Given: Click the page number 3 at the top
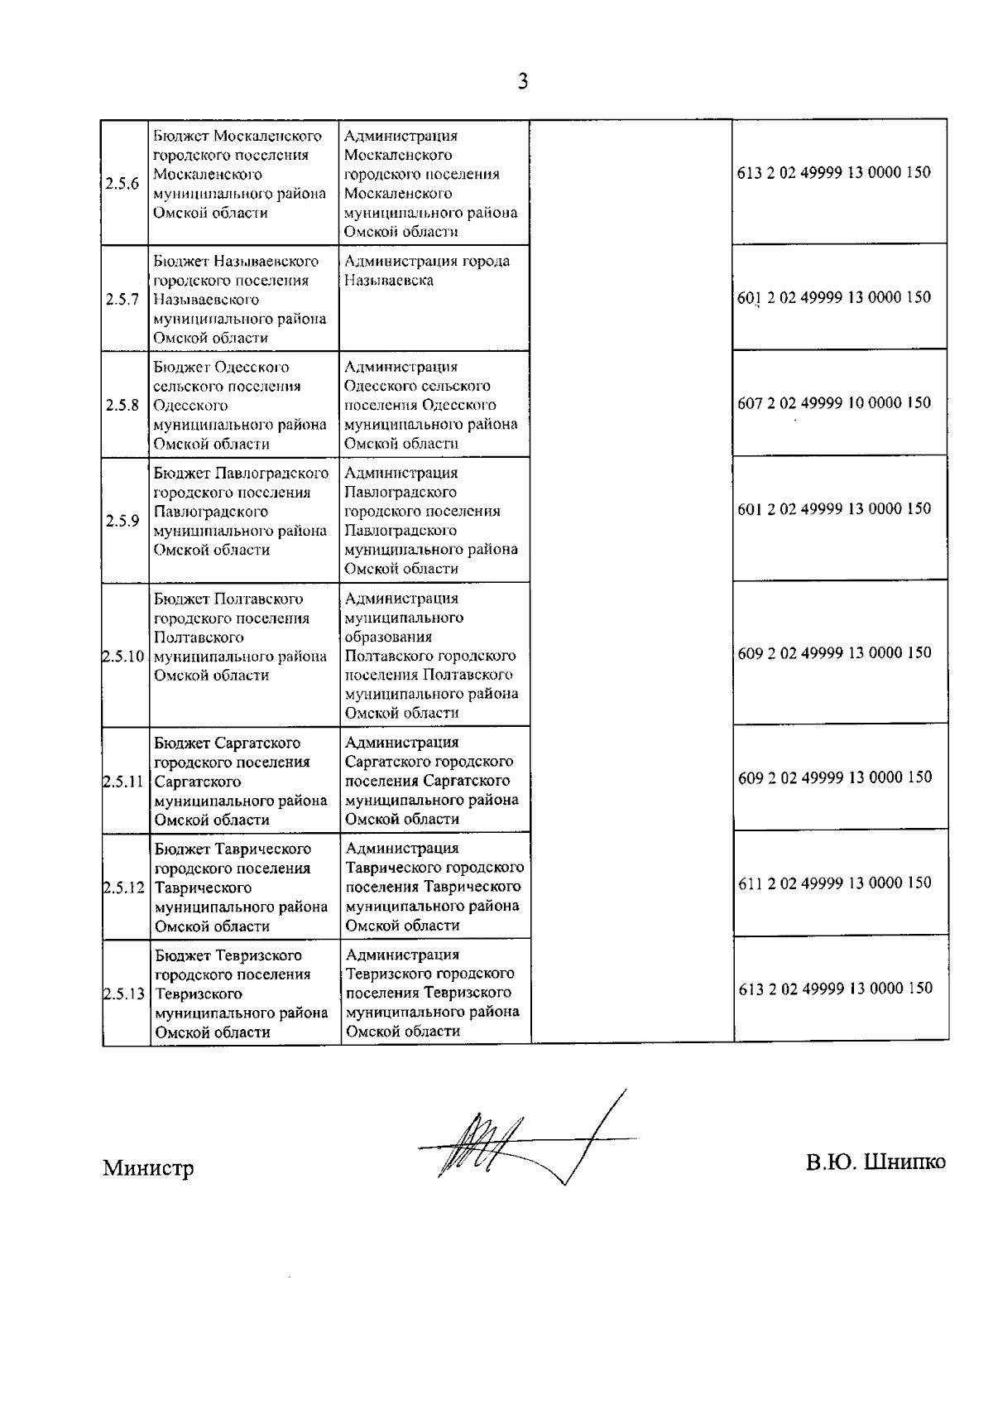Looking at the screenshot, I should pyautogui.click(x=522, y=81).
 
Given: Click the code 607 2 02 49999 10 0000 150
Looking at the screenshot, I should pyautogui.click(x=833, y=403).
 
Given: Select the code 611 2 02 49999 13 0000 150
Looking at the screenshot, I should pyautogui.click(x=834, y=883).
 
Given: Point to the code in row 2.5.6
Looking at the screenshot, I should pyautogui.click(x=833, y=173).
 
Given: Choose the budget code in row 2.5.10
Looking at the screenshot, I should pyautogui.click(x=834, y=652).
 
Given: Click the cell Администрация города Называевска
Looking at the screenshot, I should pyautogui.click(x=427, y=271).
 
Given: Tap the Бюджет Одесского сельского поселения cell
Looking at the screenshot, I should pyautogui.click(x=240, y=405).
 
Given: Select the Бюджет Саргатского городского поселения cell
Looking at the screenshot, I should pyautogui.click(x=241, y=781).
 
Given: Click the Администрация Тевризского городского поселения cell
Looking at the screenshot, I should pyautogui.click(x=433, y=992).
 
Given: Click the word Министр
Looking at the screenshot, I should pyautogui.click(x=148, y=1168).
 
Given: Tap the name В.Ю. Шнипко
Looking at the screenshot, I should pyautogui.click(x=876, y=1162).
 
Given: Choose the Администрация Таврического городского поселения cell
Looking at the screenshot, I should pyautogui.click(x=434, y=886).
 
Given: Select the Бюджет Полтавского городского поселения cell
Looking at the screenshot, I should pyautogui.click(x=241, y=637).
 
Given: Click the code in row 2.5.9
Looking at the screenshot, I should pyautogui.click(x=833, y=509).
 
